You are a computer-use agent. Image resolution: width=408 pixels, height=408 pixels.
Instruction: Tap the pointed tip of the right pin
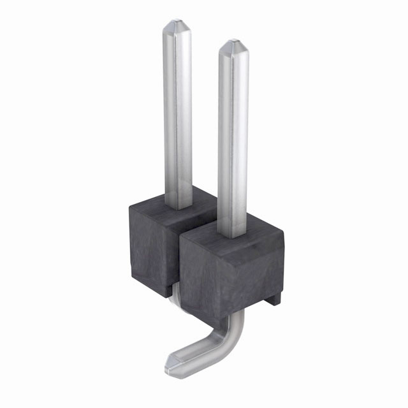coord(233,46)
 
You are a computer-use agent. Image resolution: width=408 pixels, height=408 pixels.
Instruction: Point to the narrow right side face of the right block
coord(279,268)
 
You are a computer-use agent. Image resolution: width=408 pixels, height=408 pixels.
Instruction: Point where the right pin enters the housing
coord(233,235)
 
